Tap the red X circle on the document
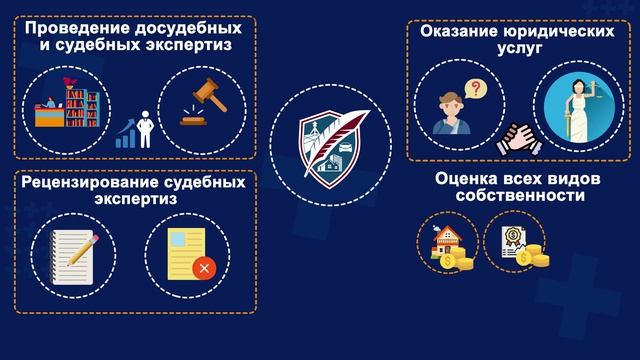pos(203,269)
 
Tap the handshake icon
pos(510,138)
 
